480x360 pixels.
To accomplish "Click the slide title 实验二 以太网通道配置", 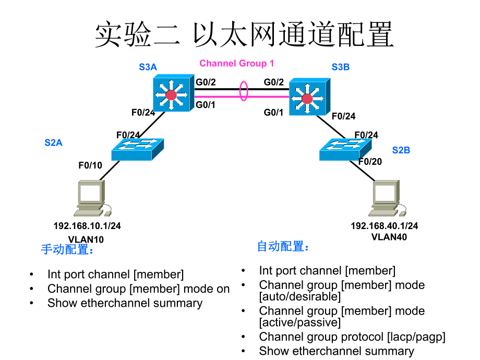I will tap(244, 35).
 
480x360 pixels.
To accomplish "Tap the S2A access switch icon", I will tap(137, 149).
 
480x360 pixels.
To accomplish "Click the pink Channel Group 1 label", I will tap(236, 64).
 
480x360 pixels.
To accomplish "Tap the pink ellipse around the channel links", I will tap(243, 90).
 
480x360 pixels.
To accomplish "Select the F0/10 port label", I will tap(90, 165).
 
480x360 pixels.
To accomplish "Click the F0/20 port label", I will tap(370, 162).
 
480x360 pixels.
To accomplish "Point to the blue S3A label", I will tap(148, 67).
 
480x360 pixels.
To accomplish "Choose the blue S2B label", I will tap(401, 150).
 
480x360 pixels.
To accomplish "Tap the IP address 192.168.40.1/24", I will tap(384, 226).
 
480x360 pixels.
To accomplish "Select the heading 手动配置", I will tap(67, 250).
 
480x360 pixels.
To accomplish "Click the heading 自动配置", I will tap(283, 246).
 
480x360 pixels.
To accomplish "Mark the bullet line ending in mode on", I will tap(138, 289).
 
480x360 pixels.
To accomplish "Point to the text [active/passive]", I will tap(299, 322).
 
